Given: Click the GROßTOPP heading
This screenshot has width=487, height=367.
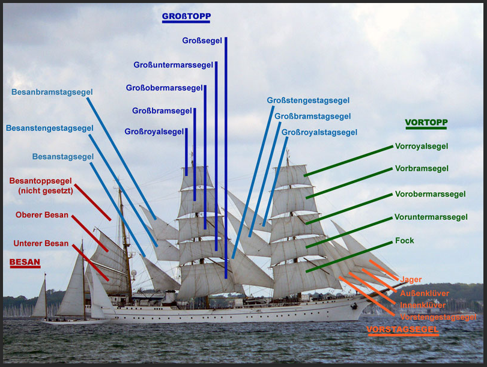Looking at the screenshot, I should tap(186, 16).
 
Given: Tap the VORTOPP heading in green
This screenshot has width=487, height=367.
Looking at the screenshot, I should tap(426, 123).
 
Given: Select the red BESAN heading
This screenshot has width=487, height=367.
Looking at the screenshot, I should tap(25, 262).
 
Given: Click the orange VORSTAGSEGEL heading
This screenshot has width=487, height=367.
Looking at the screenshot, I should tap(402, 330).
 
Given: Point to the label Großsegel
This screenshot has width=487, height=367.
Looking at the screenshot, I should tap(202, 41).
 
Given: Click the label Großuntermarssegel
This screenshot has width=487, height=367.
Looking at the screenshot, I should tap(173, 64).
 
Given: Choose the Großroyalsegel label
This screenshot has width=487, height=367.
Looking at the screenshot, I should tap(154, 132).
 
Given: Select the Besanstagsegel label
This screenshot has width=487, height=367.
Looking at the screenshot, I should tap(63, 157).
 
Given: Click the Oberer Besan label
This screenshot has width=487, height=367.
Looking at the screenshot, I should tap(42, 215).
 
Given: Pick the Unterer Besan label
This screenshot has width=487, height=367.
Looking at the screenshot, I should tap(41, 243).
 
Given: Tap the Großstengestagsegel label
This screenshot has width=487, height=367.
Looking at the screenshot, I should tap(308, 100).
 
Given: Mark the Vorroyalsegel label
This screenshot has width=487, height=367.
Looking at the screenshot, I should tap(422, 146).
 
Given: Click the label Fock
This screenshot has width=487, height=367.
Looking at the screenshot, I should tap(405, 241).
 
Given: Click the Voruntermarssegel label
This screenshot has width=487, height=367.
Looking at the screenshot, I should tap(431, 217).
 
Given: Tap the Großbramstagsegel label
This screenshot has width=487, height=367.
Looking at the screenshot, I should tap(312, 116).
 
